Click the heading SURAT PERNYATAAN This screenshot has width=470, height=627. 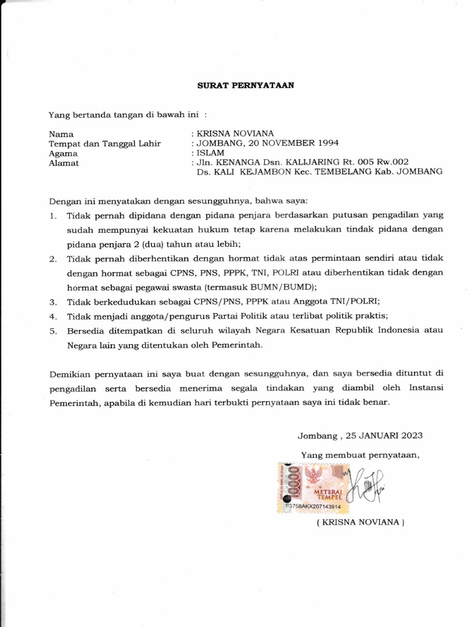pyautogui.click(x=245, y=86)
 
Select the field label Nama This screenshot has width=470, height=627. pyautogui.click(x=61, y=133)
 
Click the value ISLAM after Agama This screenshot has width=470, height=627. pyautogui.click(x=211, y=153)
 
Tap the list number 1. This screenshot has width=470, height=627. pyautogui.click(x=53, y=216)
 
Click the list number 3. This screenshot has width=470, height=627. pyautogui.click(x=53, y=301)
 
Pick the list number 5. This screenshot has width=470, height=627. pyautogui.click(x=53, y=331)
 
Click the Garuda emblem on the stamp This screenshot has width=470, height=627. pyautogui.click(x=318, y=473)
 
